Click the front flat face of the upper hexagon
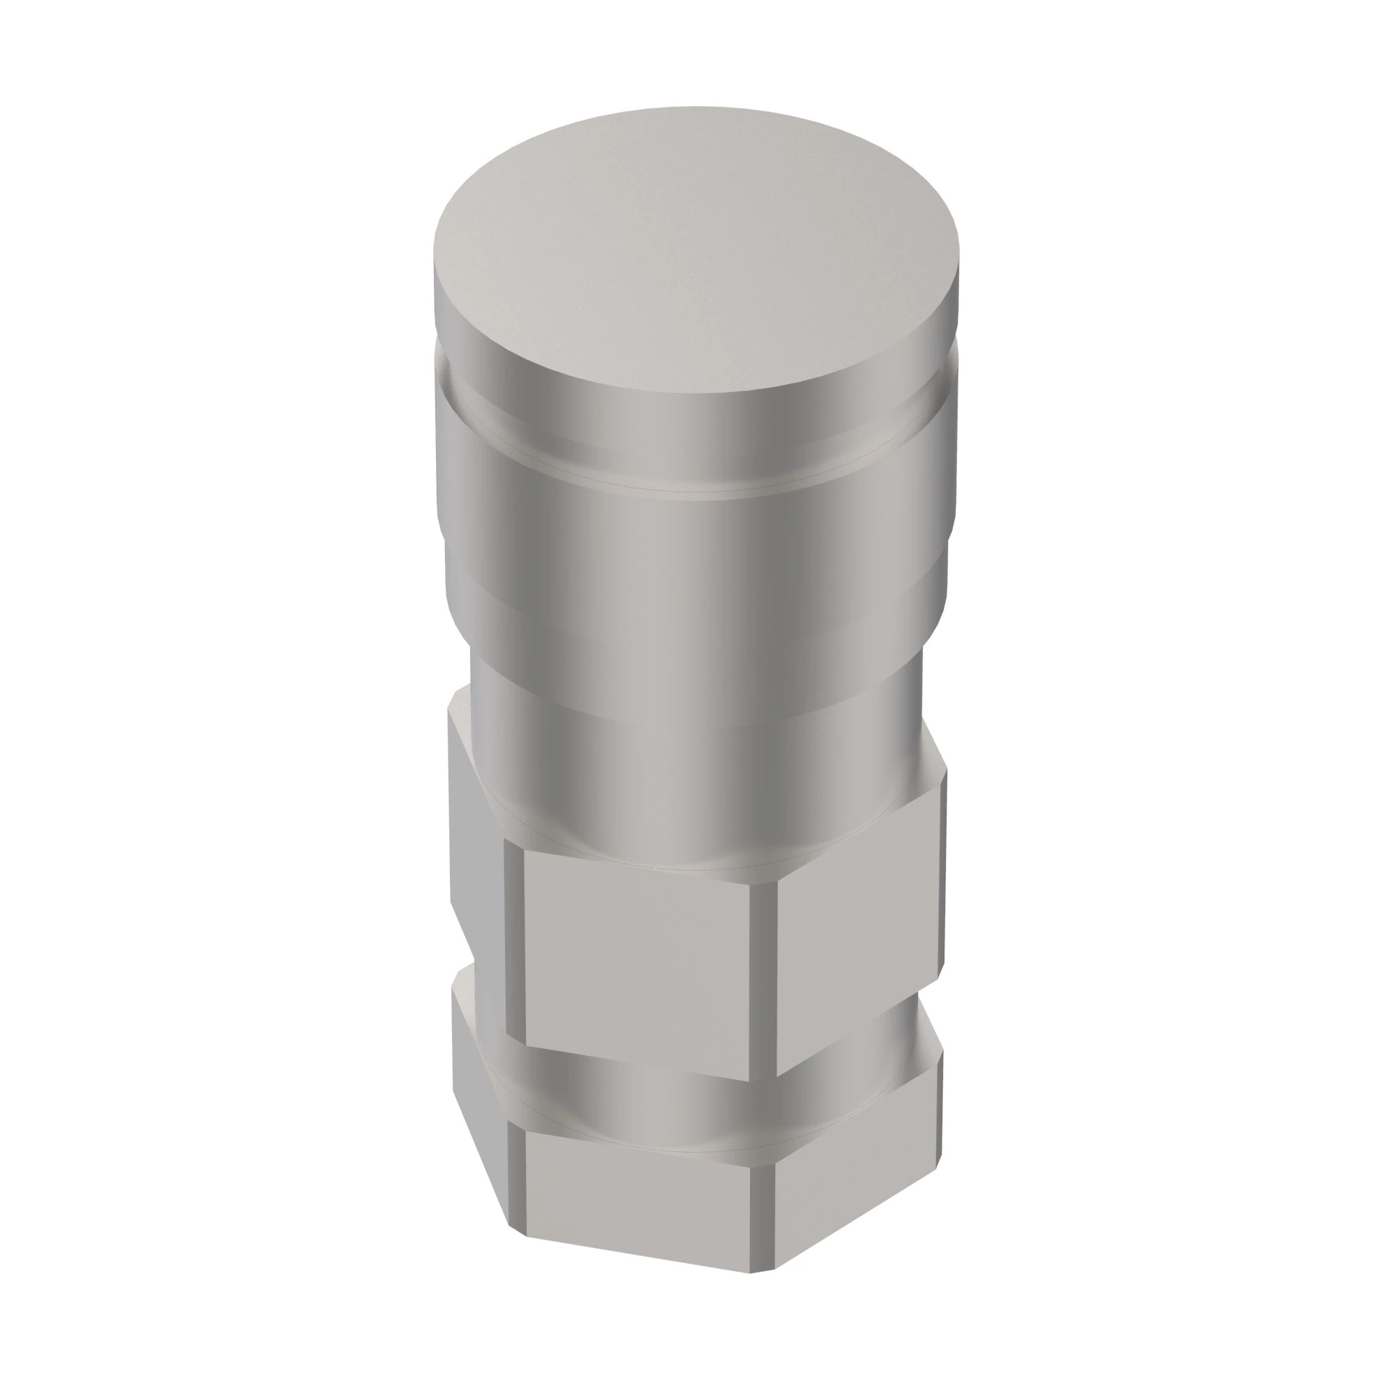[x=638, y=959]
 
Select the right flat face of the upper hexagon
[x=858, y=937]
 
